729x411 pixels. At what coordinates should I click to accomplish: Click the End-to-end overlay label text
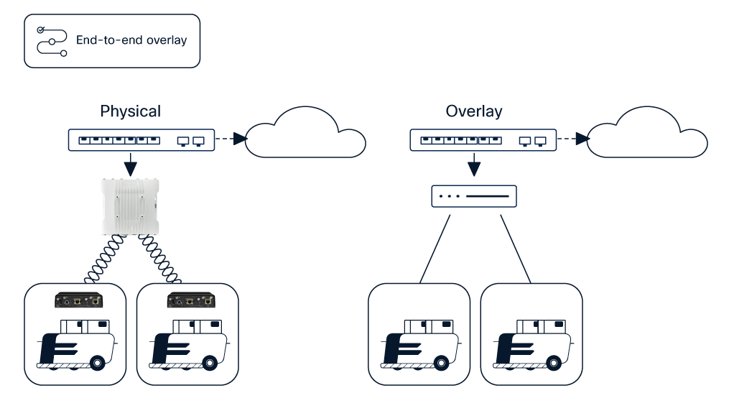click(131, 40)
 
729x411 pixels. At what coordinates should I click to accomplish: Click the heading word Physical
click(130, 111)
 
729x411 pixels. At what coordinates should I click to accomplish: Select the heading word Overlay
click(473, 111)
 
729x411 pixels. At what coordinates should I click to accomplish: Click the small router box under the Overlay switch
click(473, 196)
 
